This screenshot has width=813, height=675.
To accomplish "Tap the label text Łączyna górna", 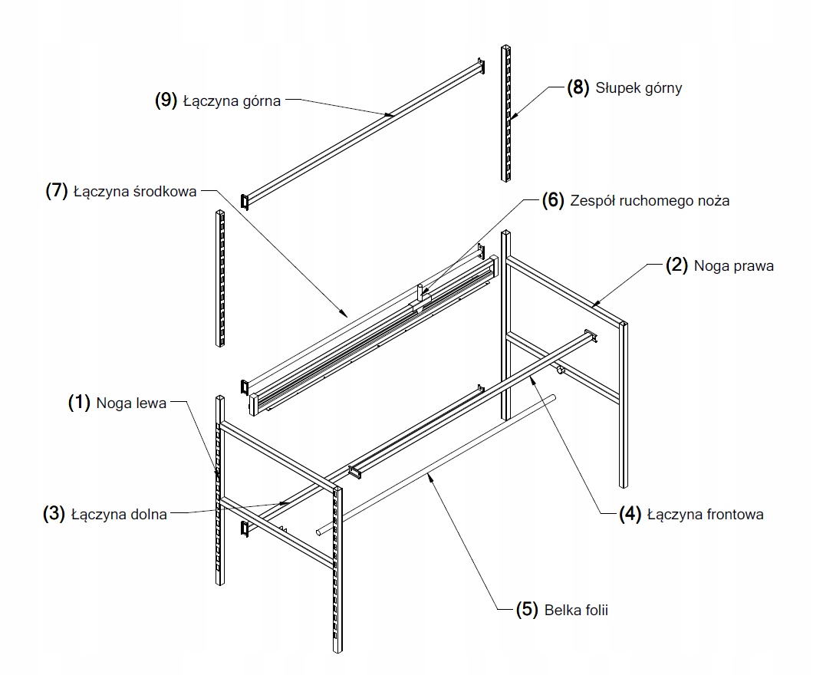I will (232, 100).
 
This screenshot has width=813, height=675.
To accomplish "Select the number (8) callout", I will (579, 87).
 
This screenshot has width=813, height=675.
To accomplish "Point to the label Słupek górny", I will (639, 87).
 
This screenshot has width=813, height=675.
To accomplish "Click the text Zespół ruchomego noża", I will (650, 201).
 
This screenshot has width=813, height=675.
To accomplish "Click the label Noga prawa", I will (733, 266).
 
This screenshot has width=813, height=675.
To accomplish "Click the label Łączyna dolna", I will (118, 515).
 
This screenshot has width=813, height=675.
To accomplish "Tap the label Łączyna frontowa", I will (705, 515).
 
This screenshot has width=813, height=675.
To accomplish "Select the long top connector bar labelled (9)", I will (360, 130).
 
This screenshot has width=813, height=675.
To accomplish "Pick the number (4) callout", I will (631, 515).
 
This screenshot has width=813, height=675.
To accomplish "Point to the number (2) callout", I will (676, 266).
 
